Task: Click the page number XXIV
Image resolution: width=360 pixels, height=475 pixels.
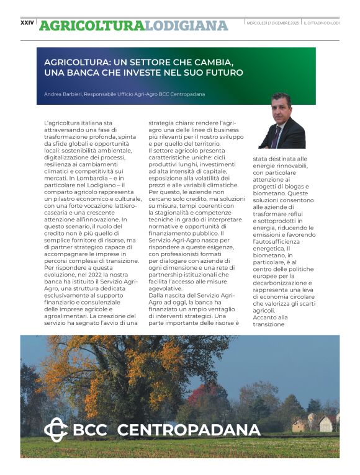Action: pyautogui.click(x=27, y=23)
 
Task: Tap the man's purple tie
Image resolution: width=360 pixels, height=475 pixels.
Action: pyautogui.click(x=276, y=136)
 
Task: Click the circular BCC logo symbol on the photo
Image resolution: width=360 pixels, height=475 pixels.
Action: pyautogui.click(x=55, y=430)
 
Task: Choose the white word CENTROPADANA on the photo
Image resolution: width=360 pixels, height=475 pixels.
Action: pyautogui.click(x=189, y=430)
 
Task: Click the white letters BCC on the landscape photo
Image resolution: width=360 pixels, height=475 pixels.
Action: pyautogui.click(x=91, y=430)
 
